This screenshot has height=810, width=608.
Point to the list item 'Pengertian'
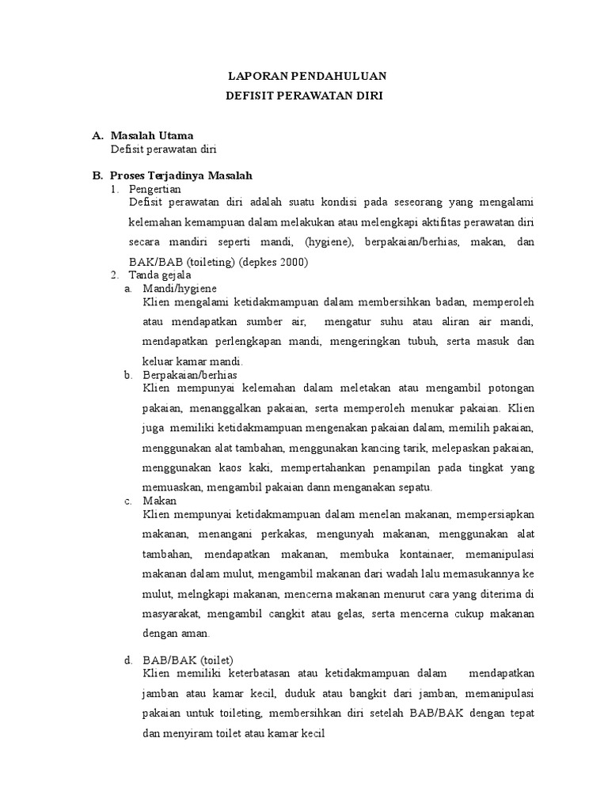point(155,189)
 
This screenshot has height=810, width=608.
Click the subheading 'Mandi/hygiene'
point(180,289)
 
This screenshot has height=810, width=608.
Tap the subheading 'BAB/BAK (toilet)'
point(188,660)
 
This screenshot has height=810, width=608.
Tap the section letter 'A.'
point(98,136)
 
